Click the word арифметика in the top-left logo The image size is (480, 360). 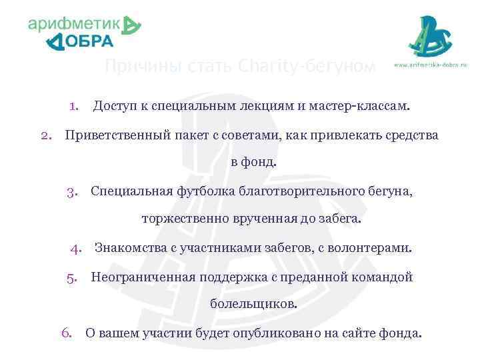(75, 25)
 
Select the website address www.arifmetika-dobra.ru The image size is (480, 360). (431, 65)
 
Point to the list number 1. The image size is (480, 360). (74, 105)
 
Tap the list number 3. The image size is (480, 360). (73, 192)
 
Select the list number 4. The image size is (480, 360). (76, 249)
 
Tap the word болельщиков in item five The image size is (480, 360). (253, 303)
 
